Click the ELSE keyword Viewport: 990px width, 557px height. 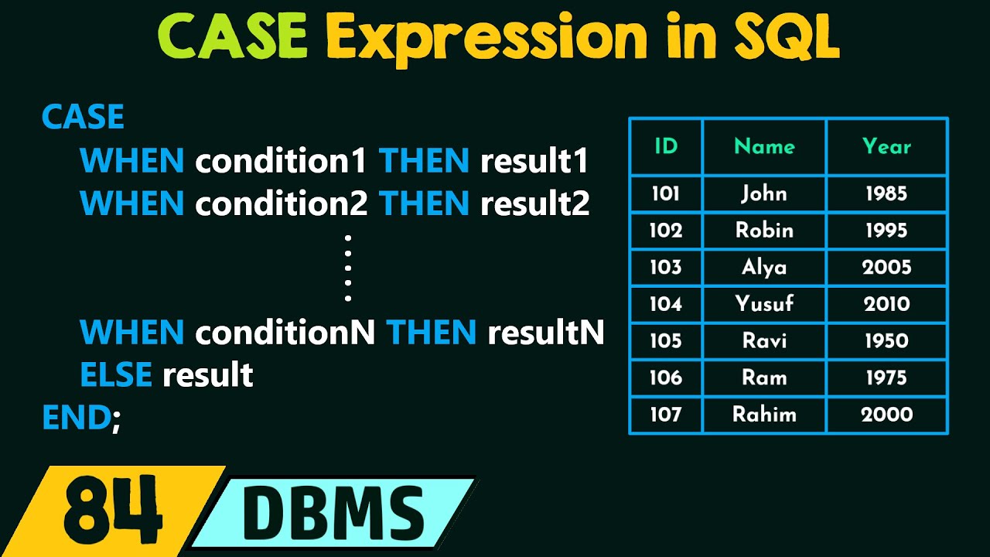[x=116, y=375]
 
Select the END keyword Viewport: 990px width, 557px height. [x=76, y=418]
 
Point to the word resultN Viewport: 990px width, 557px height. [x=546, y=333]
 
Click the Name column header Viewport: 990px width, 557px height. [x=764, y=146]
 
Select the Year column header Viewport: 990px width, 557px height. [x=886, y=146]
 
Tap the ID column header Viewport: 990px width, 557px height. [x=666, y=146]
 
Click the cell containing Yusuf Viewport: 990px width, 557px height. [x=764, y=304]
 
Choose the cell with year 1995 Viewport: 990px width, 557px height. [x=886, y=231]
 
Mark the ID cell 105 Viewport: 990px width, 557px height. [x=666, y=341]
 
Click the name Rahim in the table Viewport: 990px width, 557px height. [x=764, y=415]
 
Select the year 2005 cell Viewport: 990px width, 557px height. [x=886, y=268]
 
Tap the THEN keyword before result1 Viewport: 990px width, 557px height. [x=424, y=161]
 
